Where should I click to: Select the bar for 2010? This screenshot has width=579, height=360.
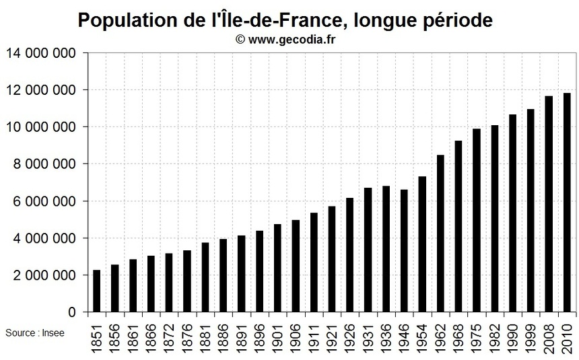click(x=567, y=203)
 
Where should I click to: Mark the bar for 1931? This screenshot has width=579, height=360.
click(x=368, y=250)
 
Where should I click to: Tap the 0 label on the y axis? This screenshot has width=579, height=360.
click(x=71, y=313)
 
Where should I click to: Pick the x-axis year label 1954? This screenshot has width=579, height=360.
click(x=422, y=336)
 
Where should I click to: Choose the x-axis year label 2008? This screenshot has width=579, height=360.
click(x=549, y=336)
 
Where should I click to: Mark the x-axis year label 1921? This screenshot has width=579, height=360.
click(x=332, y=336)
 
